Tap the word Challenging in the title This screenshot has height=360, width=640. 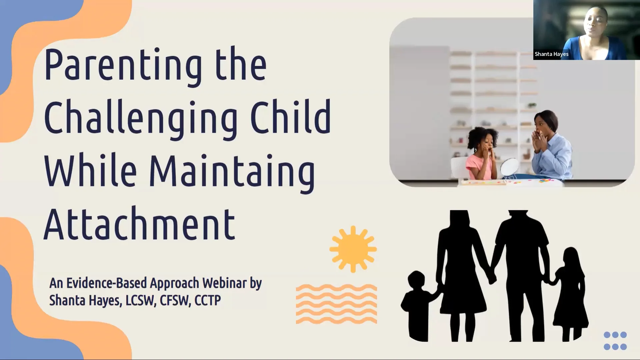click(140, 118)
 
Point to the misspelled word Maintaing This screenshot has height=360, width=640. click(232, 172)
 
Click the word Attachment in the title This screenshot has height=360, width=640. click(139, 224)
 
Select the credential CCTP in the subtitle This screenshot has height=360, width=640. click(207, 300)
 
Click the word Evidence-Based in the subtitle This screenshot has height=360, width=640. click(107, 283)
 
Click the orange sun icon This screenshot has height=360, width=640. click(353, 249)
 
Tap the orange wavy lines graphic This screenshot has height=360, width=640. click(336, 304)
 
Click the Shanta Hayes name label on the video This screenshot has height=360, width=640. click(551, 54)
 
